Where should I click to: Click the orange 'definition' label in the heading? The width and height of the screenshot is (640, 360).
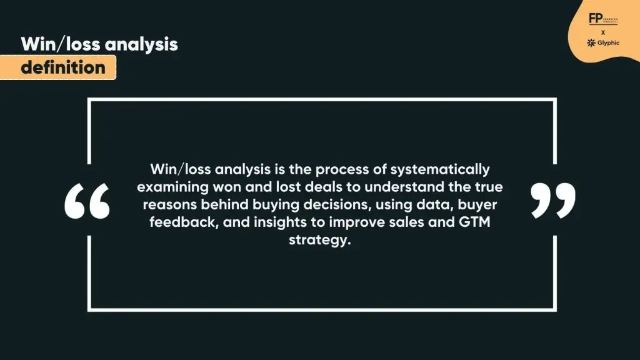pos(63,67)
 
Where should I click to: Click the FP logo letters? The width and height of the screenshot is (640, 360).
pos(594,19)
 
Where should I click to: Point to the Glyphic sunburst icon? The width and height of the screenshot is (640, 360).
pos(591,42)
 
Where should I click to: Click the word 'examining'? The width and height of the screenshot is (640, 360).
pos(169,187)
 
